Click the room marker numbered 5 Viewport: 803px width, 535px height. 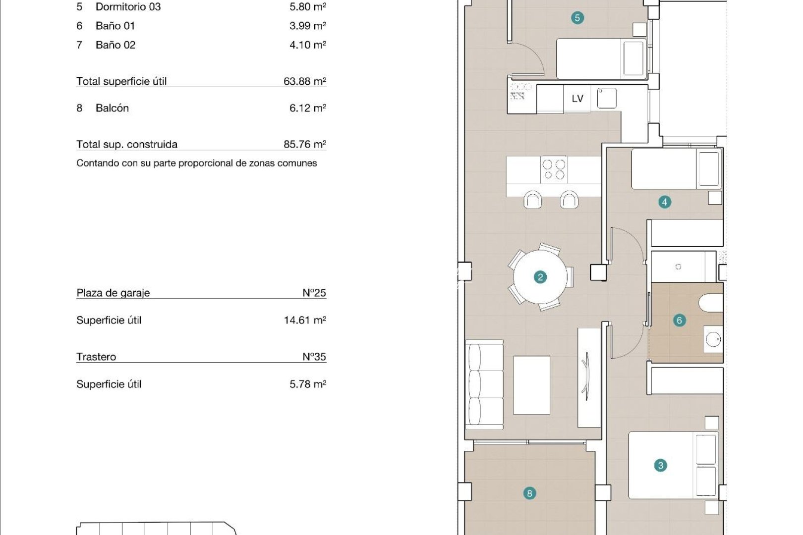click(x=577, y=18)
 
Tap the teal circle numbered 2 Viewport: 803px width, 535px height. click(x=540, y=277)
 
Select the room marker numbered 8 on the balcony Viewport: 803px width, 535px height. click(x=529, y=493)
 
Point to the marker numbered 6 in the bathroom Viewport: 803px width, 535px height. click(x=679, y=321)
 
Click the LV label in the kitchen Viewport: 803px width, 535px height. click(x=577, y=99)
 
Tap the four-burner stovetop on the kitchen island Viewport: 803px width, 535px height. click(x=554, y=169)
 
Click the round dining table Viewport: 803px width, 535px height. click(x=540, y=277)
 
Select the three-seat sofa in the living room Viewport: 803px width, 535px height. click(x=484, y=384)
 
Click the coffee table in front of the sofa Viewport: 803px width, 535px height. click(x=531, y=385)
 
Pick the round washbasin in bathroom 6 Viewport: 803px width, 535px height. click(x=713, y=340)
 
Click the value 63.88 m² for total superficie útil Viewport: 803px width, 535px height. click(x=304, y=81)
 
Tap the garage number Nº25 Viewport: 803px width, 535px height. click(x=314, y=293)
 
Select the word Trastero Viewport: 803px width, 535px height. click(x=96, y=357)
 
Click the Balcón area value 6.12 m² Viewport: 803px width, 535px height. click(x=307, y=108)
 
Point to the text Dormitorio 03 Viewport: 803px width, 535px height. click(x=128, y=7)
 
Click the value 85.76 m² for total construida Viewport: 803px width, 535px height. click(x=304, y=144)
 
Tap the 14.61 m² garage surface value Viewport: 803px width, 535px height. click(x=304, y=320)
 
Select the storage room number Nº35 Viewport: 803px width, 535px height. click(x=314, y=357)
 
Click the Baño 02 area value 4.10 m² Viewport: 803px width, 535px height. click(x=307, y=45)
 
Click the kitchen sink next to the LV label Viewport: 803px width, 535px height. click(x=607, y=98)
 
